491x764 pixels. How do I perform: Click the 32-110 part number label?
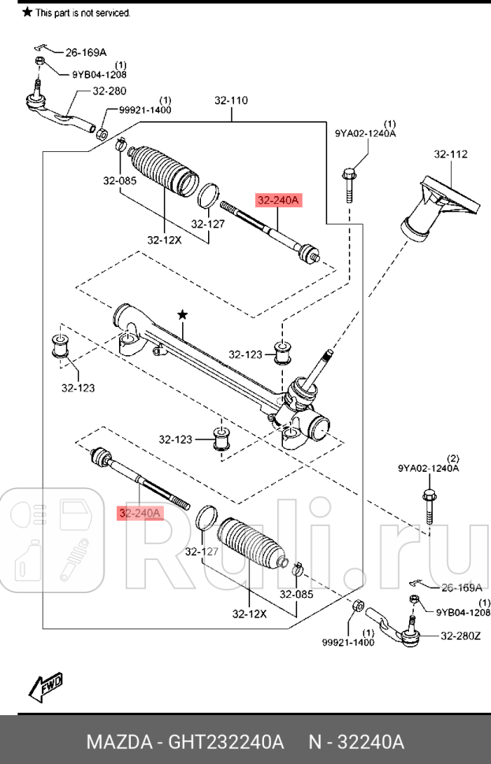[231, 101]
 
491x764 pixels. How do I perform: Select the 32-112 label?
[451, 154]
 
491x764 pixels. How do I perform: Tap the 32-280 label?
[109, 91]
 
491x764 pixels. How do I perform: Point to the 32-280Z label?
[460, 636]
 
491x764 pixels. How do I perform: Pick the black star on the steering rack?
[183, 315]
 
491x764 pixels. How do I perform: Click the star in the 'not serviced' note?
[28, 13]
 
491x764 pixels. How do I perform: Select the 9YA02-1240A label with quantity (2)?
[428, 468]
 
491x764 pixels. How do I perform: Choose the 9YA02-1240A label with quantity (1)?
[366, 134]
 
